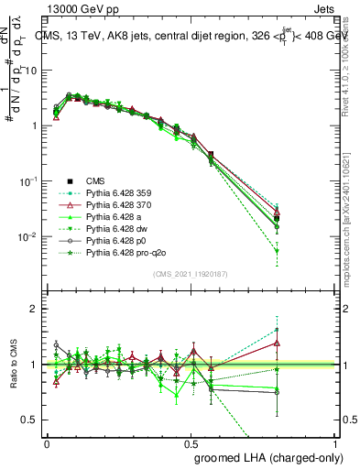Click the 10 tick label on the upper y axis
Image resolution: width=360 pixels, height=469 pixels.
31,71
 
